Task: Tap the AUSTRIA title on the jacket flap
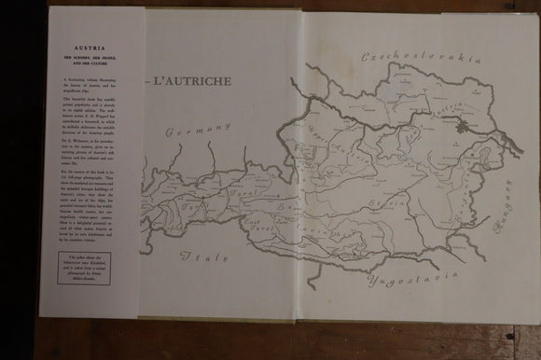tap(96, 55)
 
